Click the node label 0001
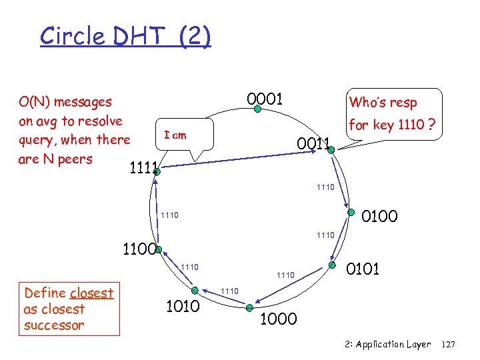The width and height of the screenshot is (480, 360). click(265, 99)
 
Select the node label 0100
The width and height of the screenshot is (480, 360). click(379, 217)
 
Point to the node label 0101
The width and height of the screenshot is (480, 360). click(363, 269)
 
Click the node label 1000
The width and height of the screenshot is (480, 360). click(278, 319)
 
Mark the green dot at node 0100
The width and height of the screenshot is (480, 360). click(349, 213)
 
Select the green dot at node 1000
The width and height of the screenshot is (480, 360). click(249, 307)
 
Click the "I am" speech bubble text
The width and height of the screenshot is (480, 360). click(175, 135)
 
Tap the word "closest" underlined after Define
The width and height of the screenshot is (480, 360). click(91, 293)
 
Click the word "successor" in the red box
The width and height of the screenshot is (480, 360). click(54, 325)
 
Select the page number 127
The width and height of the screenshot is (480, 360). click(448, 345)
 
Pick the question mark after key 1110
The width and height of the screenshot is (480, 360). click(433, 125)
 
